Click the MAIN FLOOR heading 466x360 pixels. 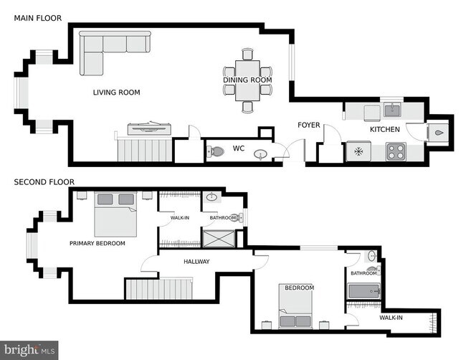click(38, 18)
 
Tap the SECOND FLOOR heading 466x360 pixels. click(44, 182)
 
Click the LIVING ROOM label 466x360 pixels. click(116, 93)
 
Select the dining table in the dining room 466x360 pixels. click(247, 80)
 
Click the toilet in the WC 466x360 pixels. click(216, 151)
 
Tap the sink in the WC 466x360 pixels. click(261, 154)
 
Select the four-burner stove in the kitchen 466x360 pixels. click(396, 152)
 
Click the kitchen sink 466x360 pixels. click(392, 110)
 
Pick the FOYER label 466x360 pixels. click(309, 125)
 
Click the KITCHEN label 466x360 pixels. click(385, 129)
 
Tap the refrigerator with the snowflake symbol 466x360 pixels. click(358, 151)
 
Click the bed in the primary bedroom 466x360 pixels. click(115, 214)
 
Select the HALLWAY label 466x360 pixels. click(196, 262)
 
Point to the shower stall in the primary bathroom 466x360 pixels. click(219, 239)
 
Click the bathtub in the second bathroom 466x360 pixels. click(364, 291)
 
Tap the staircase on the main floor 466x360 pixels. click(145, 150)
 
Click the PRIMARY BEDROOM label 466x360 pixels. click(98, 243)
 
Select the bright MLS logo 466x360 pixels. click(29, 350)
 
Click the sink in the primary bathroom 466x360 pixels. click(211, 196)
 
